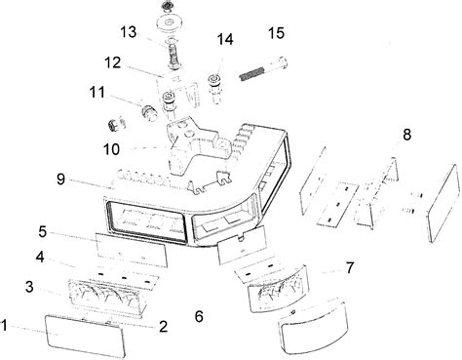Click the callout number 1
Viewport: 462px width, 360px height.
pyautogui.click(x=4, y=326)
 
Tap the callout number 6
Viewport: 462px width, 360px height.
pyautogui.click(x=199, y=316)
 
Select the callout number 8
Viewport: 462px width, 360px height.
pyautogui.click(x=406, y=135)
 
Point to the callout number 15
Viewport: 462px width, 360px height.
pyautogui.click(x=276, y=33)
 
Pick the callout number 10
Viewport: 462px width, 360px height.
pyautogui.click(x=112, y=149)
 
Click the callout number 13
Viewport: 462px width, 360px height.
pyautogui.click(x=129, y=32)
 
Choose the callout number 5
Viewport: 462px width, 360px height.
pyautogui.click(x=43, y=232)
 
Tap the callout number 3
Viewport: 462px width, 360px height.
pyautogui.click(x=29, y=287)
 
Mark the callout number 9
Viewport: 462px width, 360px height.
pyautogui.click(x=60, y=179)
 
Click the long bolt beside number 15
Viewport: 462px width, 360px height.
pyautogui.click(x=264, y=69)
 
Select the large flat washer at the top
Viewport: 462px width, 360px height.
pyautogui.click(x=169, y=22)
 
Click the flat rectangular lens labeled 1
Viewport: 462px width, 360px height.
pyautogui.click(x=86, y=336)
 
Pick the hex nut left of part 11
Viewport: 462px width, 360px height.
pyautogui.click(x=114, y=124)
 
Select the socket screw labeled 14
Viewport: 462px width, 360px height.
pyautogui.click(x=215, y=89)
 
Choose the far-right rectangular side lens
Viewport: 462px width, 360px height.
pyautogui.click(x=443, y=204)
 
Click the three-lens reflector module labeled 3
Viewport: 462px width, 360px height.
pyautogui.click(x=107, y=297)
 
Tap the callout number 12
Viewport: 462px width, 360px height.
pyautogui.click(x=112, y=62)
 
